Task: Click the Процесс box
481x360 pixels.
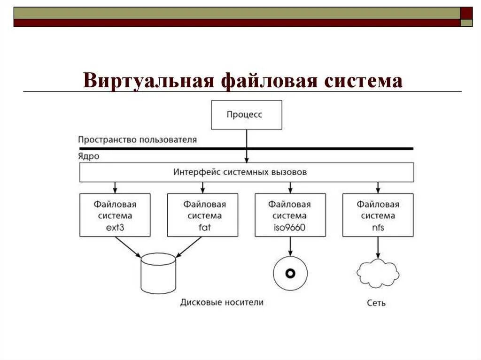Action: (247, 115)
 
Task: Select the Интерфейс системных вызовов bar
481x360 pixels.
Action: (247, 172)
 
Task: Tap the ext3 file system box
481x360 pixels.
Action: (115, 215)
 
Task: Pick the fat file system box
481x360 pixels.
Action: (202, 215)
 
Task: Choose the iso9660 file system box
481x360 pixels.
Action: (290, 215)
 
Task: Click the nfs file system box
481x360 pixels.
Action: (378, 215)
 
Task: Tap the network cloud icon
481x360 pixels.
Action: (378, 273)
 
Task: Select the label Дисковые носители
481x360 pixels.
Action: (222, 302)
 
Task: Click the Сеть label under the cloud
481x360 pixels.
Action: (376, 303)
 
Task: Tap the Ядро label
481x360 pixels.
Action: (89, 156)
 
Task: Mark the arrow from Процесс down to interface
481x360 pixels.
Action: (247, 146)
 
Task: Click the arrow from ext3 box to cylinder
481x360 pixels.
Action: (128, 246)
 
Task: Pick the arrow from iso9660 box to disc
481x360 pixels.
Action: (290, 246)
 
